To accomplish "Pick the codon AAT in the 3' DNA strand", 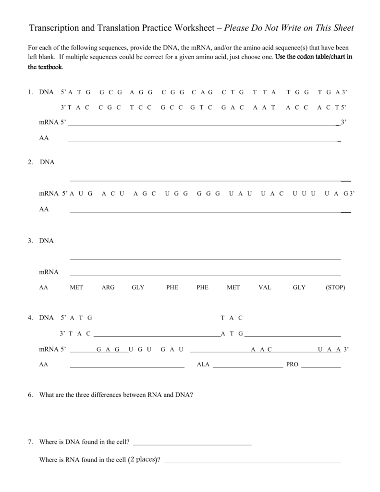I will point(264,107).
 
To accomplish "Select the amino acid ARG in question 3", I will point(108,287).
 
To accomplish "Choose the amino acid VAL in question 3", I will point(265,287).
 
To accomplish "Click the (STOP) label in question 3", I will point(335,287).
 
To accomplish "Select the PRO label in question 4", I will point(293,365).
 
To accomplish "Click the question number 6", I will point(30,395).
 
